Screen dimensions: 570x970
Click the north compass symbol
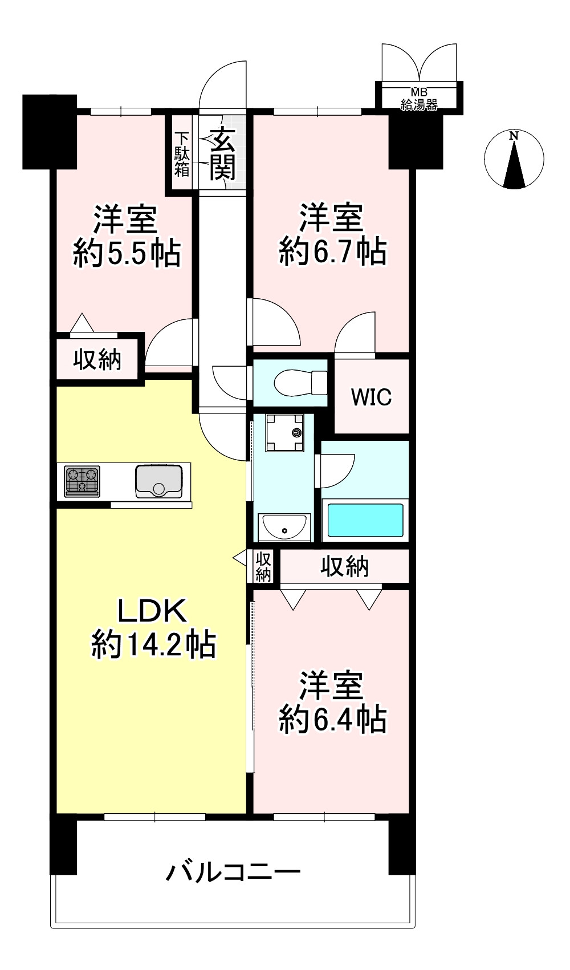tap(514, 159)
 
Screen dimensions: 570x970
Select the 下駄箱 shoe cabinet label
tap(182, 155)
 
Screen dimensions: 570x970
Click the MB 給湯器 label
tap(419, 99)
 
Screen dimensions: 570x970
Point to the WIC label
tap(371, 397)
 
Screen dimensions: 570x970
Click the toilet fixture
tap(300, 383)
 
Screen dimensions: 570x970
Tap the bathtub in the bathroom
tap(365, 520)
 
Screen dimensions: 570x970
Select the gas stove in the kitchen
tap(82, 481)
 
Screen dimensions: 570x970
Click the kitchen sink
tap(158, 481)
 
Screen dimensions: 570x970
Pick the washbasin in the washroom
tap(284, 527)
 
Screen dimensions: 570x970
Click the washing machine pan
tap(284, 433)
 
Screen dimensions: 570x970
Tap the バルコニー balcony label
tap(233, 872)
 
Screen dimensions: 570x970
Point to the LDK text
tap(152, 610)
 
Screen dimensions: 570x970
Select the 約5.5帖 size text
tap(127, 253)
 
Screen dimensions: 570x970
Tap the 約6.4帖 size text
tap(332, 719)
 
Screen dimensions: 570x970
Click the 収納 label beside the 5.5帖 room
tap(97, 359)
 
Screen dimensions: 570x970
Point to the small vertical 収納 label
tap(263, 567)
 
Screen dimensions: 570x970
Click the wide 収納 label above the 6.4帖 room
tap(344, 566)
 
